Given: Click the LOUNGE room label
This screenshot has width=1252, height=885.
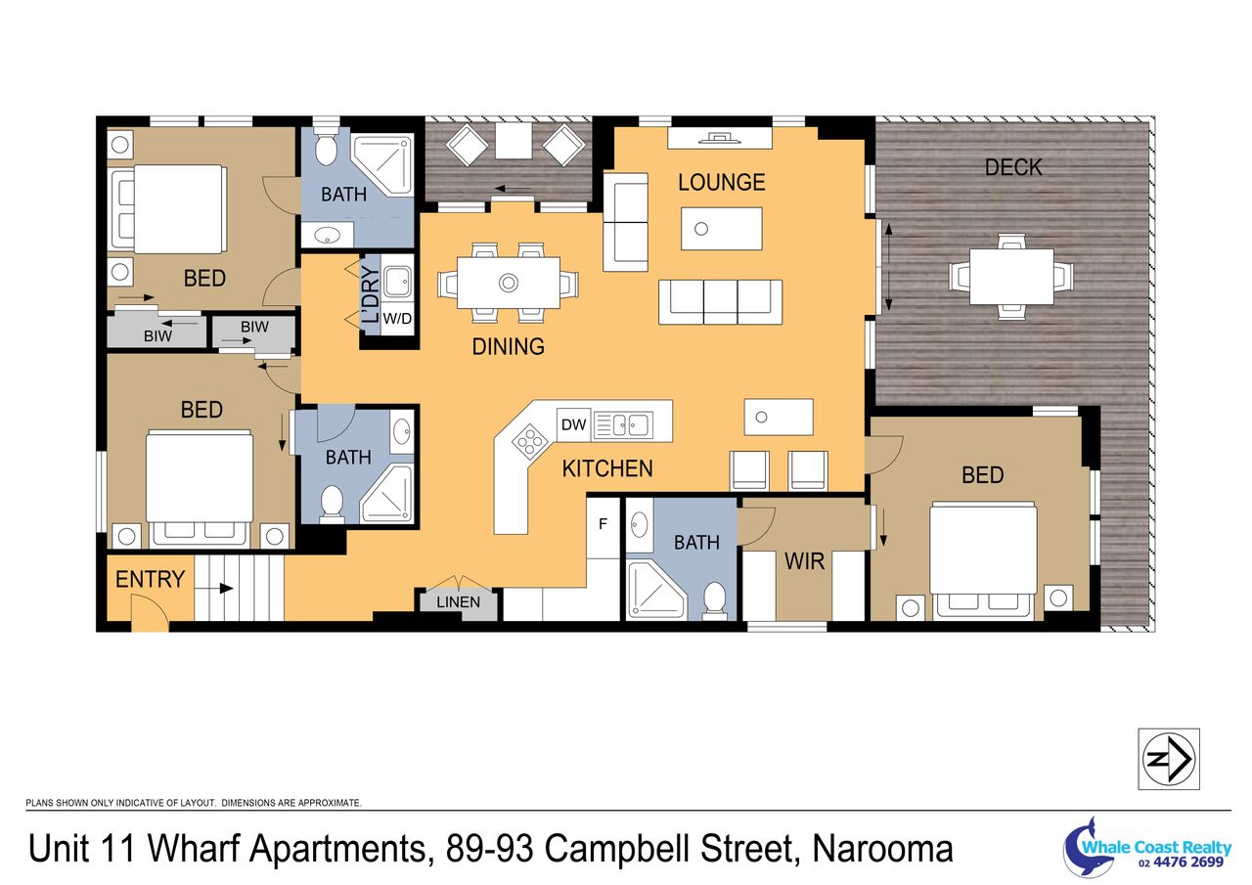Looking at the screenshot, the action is click(722, 183).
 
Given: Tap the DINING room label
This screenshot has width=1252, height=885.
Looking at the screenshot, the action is click(508, 347).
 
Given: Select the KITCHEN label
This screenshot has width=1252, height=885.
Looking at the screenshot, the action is click(607, 468).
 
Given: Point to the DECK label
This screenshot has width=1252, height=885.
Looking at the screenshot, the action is click(1013, 167).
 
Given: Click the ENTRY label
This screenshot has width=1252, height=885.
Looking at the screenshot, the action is click(150, 579).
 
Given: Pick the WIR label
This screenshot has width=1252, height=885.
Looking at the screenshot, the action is click(804, 561).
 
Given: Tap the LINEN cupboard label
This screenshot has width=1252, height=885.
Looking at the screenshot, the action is click(459, 602).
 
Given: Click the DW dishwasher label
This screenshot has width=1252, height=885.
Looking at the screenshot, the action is click(573, 425).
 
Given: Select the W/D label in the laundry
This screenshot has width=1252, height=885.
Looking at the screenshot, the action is click(397, 319).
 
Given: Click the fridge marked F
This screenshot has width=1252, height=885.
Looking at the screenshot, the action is click(603, 525).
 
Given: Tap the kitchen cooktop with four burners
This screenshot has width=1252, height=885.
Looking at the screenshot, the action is click(529, 439).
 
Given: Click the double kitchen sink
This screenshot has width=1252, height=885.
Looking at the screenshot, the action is click(623, 425).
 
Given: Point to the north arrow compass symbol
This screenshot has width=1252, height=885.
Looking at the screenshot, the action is click(1169, 759).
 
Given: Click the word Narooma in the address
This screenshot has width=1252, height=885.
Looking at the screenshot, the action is click(882, 850).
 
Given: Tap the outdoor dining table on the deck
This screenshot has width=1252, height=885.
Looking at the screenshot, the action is click(1011, 277).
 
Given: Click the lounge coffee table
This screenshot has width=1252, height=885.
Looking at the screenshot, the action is click(722, 229).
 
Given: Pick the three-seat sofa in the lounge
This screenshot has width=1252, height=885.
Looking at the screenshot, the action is click(721, 302).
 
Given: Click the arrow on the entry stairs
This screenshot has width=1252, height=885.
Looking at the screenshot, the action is click(214, 589).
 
